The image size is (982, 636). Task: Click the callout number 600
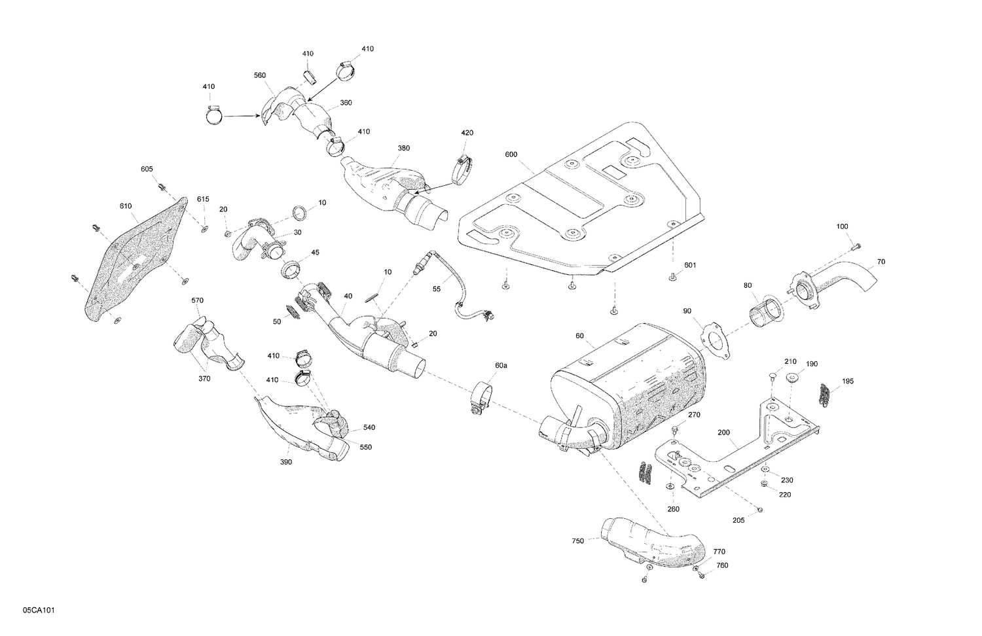511,154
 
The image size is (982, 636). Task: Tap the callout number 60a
501,366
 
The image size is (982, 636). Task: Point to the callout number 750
577,540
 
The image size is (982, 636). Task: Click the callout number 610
126,206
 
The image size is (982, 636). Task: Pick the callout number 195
848,381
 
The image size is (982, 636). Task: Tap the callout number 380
404,148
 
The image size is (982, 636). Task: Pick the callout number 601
690,265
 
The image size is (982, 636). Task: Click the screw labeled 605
162,187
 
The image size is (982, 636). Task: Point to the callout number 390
286,462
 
